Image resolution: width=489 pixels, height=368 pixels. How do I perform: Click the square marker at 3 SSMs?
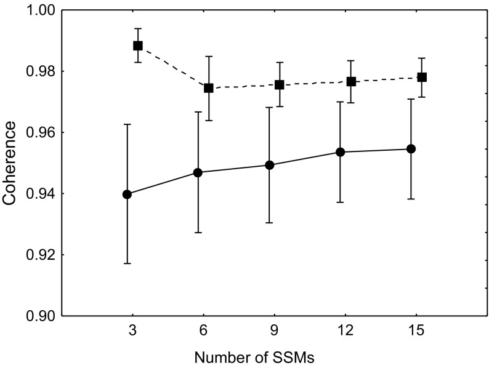pyautogui.click(x=138, y=46)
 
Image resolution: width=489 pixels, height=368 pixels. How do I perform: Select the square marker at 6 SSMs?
pyautogui.click(x=209, y=88)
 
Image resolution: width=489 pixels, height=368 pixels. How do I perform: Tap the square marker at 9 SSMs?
pyautogui.click(x=280, y=85)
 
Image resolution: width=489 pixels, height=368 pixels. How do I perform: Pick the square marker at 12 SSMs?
pyautogui.click(x=351, y=81)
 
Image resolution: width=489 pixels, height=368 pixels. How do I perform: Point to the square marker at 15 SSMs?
pyautogui.click(x=422, y=77)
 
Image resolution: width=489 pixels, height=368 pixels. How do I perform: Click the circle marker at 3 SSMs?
pyautogui.click(x=127, y=194)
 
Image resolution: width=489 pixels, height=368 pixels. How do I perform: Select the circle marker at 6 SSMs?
pyautogui.click(x=198, y=172)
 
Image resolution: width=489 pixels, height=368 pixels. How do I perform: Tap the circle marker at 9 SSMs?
pyautogui.click(x=269, y=165)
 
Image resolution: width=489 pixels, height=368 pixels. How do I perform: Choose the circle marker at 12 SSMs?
pyautogui.click(x=340, y=152)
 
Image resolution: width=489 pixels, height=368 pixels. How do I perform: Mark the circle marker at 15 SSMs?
pyautogui.click(x=411, y=149)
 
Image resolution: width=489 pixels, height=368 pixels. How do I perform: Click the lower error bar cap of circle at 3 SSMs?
pyautogui.click(x=127, y=263)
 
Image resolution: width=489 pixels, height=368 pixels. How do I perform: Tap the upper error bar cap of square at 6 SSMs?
pyautogui.click(x=209, y=57)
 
